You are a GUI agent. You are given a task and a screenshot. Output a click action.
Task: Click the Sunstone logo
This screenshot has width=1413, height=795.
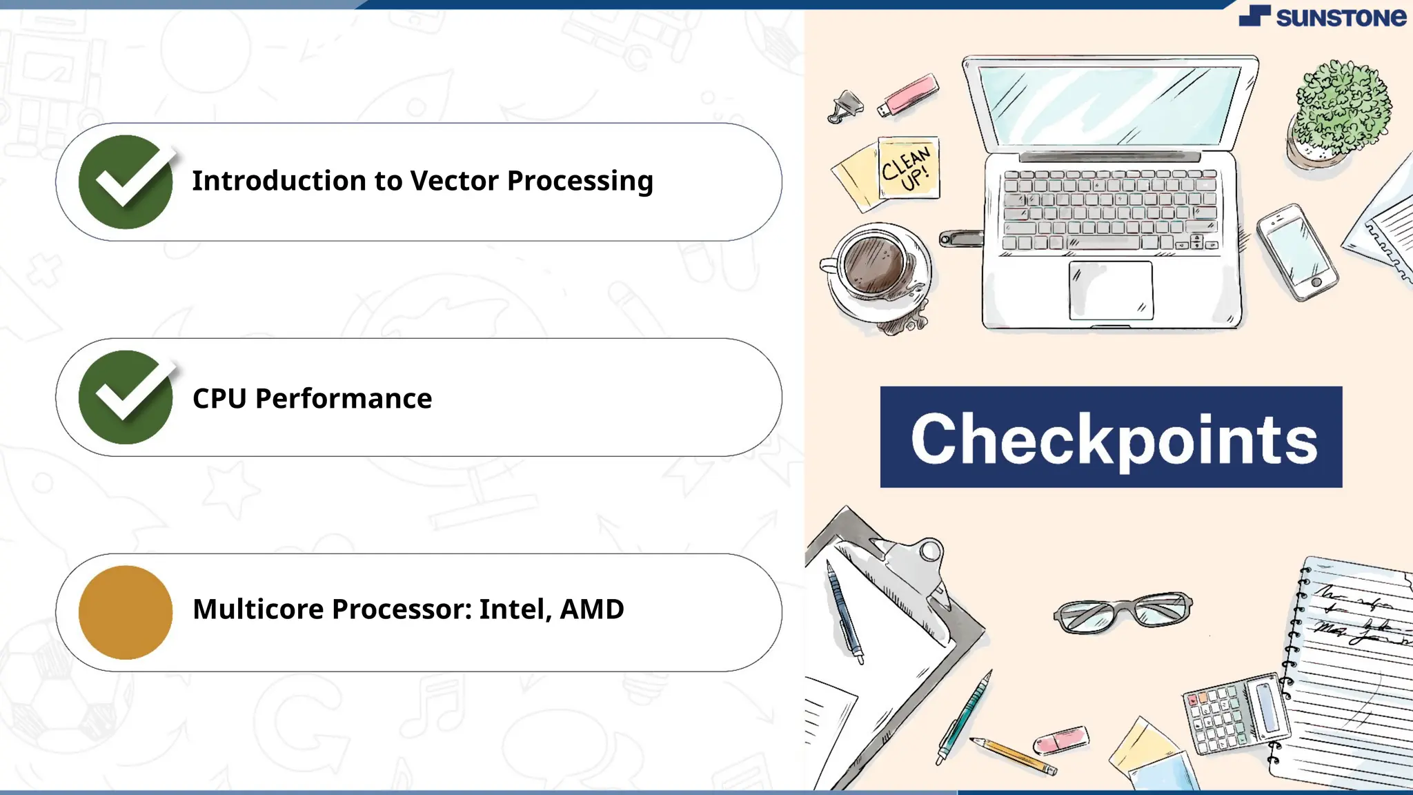click(x=1322, y=17)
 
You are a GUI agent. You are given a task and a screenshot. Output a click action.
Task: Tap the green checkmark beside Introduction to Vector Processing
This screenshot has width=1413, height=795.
click(x=126, y=182)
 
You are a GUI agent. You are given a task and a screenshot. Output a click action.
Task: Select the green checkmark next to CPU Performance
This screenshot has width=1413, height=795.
click(x=126, y=397)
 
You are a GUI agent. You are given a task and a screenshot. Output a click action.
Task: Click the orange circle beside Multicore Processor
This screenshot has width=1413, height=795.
click(x=126, y=613)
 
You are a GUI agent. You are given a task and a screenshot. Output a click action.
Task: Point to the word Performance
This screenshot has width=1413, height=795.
click(x=344, y=399)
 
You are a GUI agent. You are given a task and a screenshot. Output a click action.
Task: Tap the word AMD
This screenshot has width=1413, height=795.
click(x=592, y=609)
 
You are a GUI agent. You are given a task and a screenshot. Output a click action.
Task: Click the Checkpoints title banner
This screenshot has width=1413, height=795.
click(x=1111, y=438)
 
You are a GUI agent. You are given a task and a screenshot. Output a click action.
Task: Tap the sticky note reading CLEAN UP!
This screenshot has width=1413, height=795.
click(x=908, y=168)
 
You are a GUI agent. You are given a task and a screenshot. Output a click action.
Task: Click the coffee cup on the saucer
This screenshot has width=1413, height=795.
click(x=875, y=265)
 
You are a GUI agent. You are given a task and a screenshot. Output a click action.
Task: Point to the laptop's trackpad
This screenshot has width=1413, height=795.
click(x=1111, y=290)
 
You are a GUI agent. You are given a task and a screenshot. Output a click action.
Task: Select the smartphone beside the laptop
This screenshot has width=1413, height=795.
click(x=1297, y=253)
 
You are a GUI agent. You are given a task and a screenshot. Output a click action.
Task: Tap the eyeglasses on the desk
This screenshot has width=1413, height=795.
click(x=1123, y=611)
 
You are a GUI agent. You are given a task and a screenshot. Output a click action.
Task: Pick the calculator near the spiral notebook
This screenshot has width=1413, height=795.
click(x=1235, y=715)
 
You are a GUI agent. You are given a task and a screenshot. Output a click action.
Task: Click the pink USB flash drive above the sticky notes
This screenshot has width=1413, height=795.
click(x=909, y=96)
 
